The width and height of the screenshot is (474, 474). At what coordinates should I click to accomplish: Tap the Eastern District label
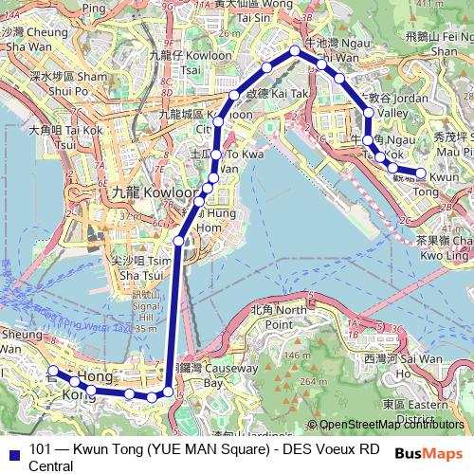tap(409, 411)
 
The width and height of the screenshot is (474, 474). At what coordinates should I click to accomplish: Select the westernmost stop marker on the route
tap(54, 371)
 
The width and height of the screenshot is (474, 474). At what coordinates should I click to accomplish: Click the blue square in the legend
tap(11, 450)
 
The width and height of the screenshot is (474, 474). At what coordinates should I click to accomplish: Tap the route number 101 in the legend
tap(41, 449)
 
